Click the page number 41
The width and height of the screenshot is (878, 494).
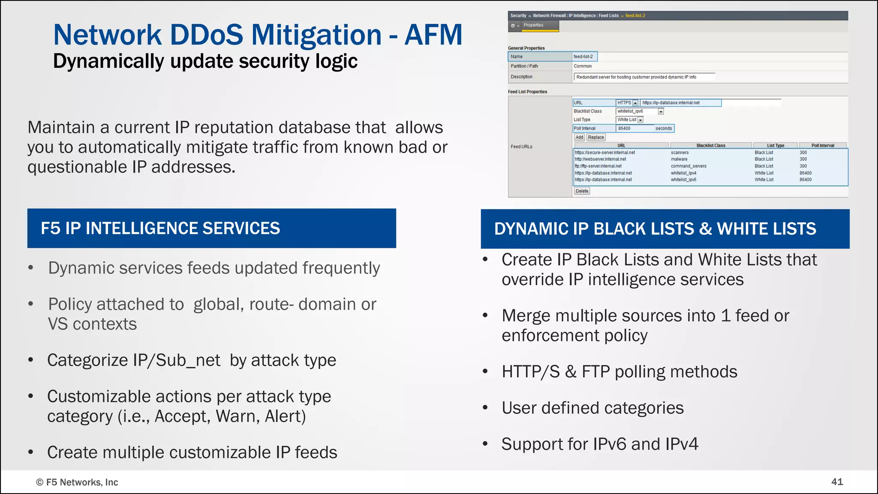click(x=837, y=482)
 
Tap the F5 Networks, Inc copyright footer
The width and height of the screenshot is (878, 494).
click(x=77, y=482)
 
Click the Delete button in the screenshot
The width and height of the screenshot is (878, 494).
click(x=582, y=191)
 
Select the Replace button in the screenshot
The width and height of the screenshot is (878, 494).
click(x=596, y=137)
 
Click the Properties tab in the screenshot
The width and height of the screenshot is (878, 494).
click(x=533, y=25)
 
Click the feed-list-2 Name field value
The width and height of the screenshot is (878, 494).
click(x=584, y=57)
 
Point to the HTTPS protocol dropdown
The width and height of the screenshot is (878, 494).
click(x=627, y=103)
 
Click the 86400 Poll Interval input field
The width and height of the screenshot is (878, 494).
click(x=634, y=128)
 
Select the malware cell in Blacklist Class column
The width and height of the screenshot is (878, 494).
click(x=679, y=159)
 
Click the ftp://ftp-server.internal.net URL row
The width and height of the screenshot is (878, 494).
click(x=598, y=166)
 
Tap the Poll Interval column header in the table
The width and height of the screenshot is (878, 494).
click(x=822, y=145)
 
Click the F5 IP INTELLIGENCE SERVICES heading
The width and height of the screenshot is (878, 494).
click(x=160, y=228)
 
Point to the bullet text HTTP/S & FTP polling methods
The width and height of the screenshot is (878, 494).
click(x=619, y=371)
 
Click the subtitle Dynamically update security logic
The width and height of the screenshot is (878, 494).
click(x=205, y=61)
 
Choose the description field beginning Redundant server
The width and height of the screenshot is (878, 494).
click(x=643, y=77)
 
